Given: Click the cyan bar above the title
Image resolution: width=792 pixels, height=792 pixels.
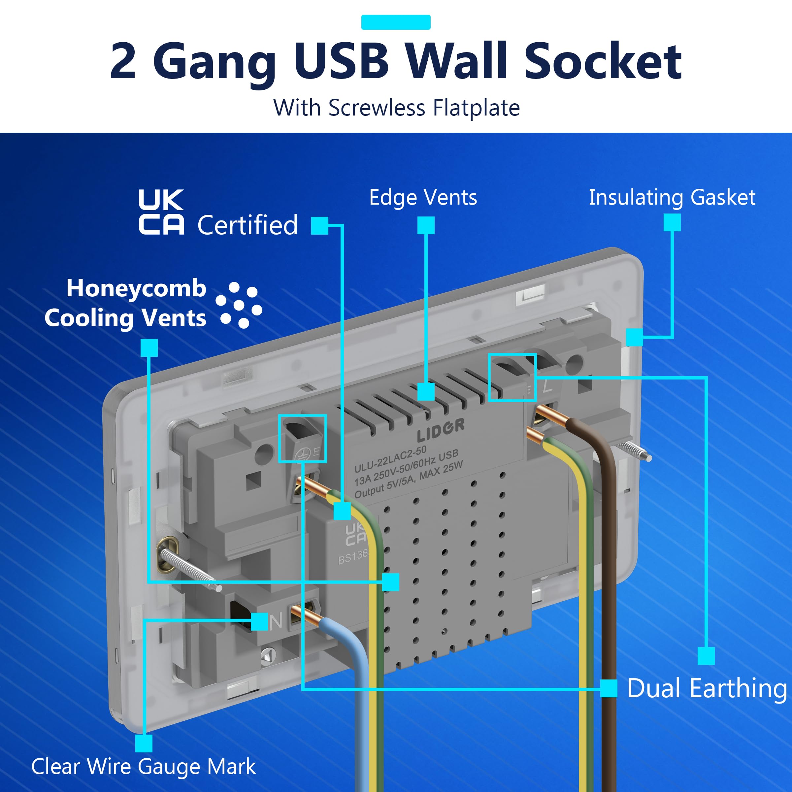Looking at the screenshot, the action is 396,22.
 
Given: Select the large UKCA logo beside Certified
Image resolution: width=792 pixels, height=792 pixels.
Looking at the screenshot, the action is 161,212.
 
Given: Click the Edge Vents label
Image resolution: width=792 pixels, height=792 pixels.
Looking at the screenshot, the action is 423,198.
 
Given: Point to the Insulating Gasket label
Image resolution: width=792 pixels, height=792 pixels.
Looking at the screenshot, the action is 672,198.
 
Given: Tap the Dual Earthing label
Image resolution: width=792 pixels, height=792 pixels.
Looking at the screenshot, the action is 707,688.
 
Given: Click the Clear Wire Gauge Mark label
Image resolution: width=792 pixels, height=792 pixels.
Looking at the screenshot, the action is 144,767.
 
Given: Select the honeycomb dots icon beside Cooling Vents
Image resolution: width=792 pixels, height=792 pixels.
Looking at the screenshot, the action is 239,305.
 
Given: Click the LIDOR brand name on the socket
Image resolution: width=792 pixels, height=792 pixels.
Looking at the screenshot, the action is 441,430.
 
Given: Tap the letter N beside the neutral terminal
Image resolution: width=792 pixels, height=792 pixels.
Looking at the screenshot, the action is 276,622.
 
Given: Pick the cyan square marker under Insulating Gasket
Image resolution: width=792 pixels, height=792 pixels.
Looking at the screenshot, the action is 672,223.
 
